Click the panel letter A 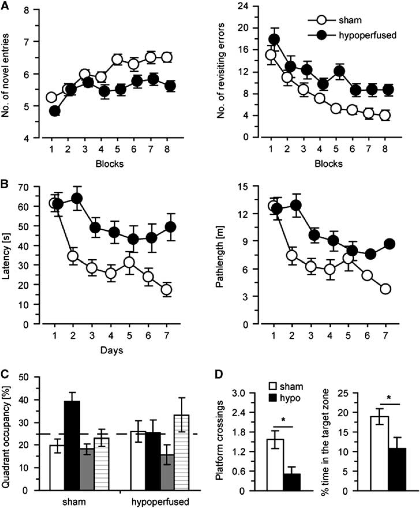coord(5,5)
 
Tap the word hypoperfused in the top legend coord(368,35)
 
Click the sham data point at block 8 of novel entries coord(167,57)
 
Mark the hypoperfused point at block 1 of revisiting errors coord(274,39)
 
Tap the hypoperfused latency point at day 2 coord(77,198)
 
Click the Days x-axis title coord(112,350)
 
